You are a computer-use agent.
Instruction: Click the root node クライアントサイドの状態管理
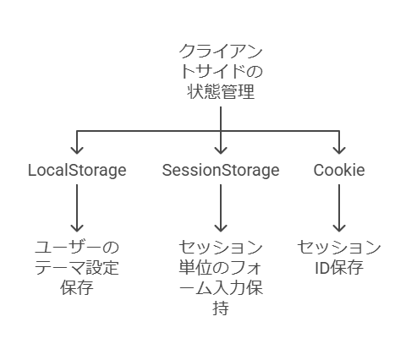tap(221, 71)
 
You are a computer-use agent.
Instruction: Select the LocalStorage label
tap(77, 171)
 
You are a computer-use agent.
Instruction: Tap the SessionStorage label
tap(221, 171)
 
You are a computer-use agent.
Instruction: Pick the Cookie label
tap(339, 170)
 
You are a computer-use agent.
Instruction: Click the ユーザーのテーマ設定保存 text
tap(77, 267)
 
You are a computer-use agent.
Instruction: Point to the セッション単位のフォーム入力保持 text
tap(221, 277)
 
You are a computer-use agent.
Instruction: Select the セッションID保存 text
tap(339, 258)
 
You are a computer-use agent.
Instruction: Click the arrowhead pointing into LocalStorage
tap(77, 150)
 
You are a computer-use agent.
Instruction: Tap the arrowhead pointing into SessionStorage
tap(221, 150)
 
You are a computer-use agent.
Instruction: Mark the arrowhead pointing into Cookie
tap(339, 150)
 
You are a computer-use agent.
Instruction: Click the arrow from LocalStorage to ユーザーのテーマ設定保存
tap(77, 208)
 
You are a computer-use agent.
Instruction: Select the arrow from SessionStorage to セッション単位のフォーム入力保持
tap(221, 208)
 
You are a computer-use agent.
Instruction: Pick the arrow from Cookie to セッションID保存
tap(339, 208)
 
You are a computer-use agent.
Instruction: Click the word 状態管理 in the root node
tap(221, 91)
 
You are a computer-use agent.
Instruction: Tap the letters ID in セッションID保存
tap(322, 268)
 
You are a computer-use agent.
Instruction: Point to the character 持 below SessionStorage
tap(221, 308)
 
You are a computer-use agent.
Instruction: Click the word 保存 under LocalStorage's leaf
tap(77, 287)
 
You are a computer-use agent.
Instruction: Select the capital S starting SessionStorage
tap(167, 170)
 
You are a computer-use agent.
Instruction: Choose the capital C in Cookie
tap(320, 170)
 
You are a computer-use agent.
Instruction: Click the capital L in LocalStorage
tap(32, 170)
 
